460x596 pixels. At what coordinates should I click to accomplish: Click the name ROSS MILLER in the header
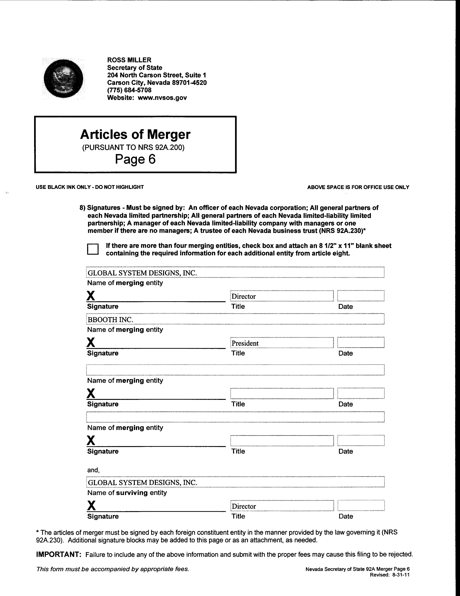click(129, 60)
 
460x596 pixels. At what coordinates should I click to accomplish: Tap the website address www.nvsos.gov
click(162, 98)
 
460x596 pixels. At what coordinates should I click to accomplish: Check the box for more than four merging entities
click(93, 249)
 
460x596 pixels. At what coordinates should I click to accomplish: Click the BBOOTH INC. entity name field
click(235, 319)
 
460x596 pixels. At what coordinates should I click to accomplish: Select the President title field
click(282, 343)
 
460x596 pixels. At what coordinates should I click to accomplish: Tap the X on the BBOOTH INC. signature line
click(91, 342)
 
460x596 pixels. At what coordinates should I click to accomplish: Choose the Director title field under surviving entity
click(282, 506)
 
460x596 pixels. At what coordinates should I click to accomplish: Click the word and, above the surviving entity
click(93, 470)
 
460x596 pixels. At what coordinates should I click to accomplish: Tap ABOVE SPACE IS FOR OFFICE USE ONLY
click(358, 187)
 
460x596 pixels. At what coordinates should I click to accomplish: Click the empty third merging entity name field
click(235, 370)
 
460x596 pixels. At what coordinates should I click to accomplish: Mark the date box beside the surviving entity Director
click(361, 505)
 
